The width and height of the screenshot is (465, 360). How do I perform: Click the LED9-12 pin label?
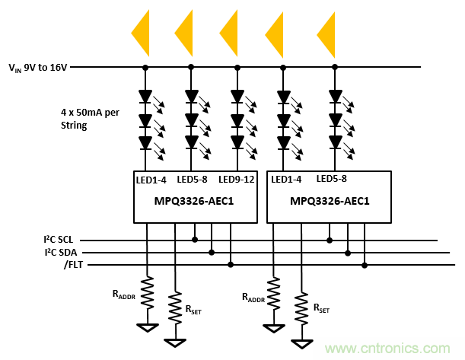236,179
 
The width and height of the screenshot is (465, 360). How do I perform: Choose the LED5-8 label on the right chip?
332,179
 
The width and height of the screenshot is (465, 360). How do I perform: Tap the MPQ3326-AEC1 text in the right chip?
329,201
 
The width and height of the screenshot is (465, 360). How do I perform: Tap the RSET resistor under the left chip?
176,307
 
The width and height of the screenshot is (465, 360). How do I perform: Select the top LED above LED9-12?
237,97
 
